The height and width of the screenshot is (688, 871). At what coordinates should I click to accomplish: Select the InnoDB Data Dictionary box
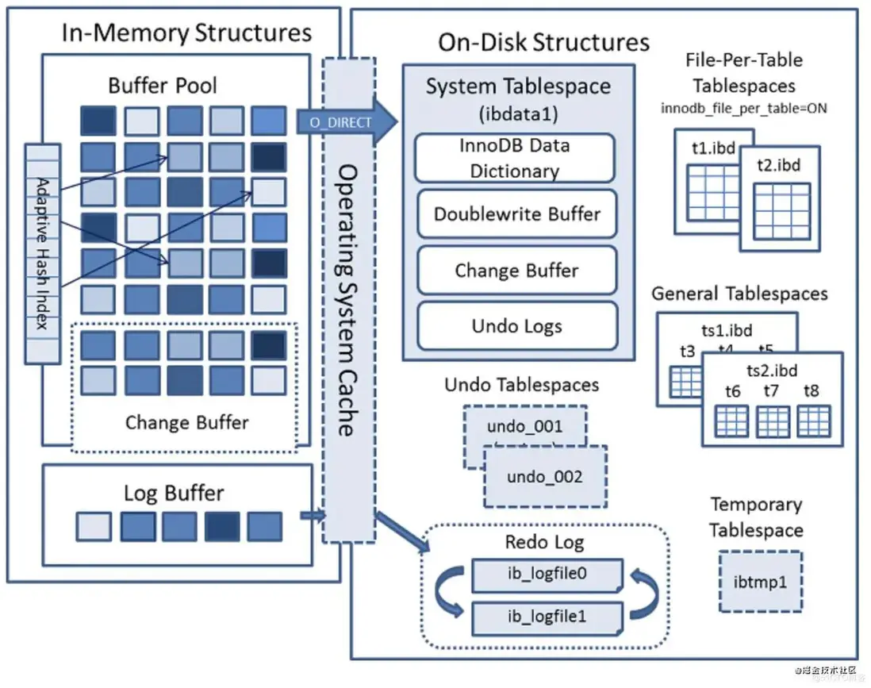pyautogui.click(x=516, y=158)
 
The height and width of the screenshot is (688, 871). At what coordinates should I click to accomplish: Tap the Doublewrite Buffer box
pyautogui.click(x=516, y=213)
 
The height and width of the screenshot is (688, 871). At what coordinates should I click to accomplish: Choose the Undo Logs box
pyautogui.click(x=516, y=325)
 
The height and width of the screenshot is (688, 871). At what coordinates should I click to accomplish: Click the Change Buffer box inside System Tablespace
pyautogui.click(x=516, y=270)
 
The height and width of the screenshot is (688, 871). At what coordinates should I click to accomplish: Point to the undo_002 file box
pyautogui.click(x=545, y=477)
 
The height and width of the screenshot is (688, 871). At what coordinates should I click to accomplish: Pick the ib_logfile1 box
pyautogui.click(x=547, y=616)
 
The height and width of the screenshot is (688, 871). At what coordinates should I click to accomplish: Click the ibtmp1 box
pyautogui.click(x=760, y=582)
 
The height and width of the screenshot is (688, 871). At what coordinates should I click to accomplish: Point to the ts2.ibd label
pyautogui.click(x=772, y=371)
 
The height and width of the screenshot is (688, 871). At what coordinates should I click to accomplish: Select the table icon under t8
pyautogui.click(x=813, y=421)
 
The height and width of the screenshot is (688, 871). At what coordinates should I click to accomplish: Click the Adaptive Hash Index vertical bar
pyautogui.click(x=43, y=253)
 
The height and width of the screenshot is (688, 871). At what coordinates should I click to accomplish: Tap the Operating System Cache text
pyautogui.click(x=346, y=301)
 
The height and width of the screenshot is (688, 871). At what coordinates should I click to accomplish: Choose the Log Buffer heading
pyautogui.click(x=174, y=493)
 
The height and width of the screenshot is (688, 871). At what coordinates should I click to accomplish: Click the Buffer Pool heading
pyautogui.click(x=163, y=85)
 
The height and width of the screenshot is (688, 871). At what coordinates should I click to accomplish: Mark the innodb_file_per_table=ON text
pyautogui.click(x=743, y=107)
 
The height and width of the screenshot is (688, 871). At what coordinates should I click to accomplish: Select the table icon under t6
pyautogui.click(x=731, y=421)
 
